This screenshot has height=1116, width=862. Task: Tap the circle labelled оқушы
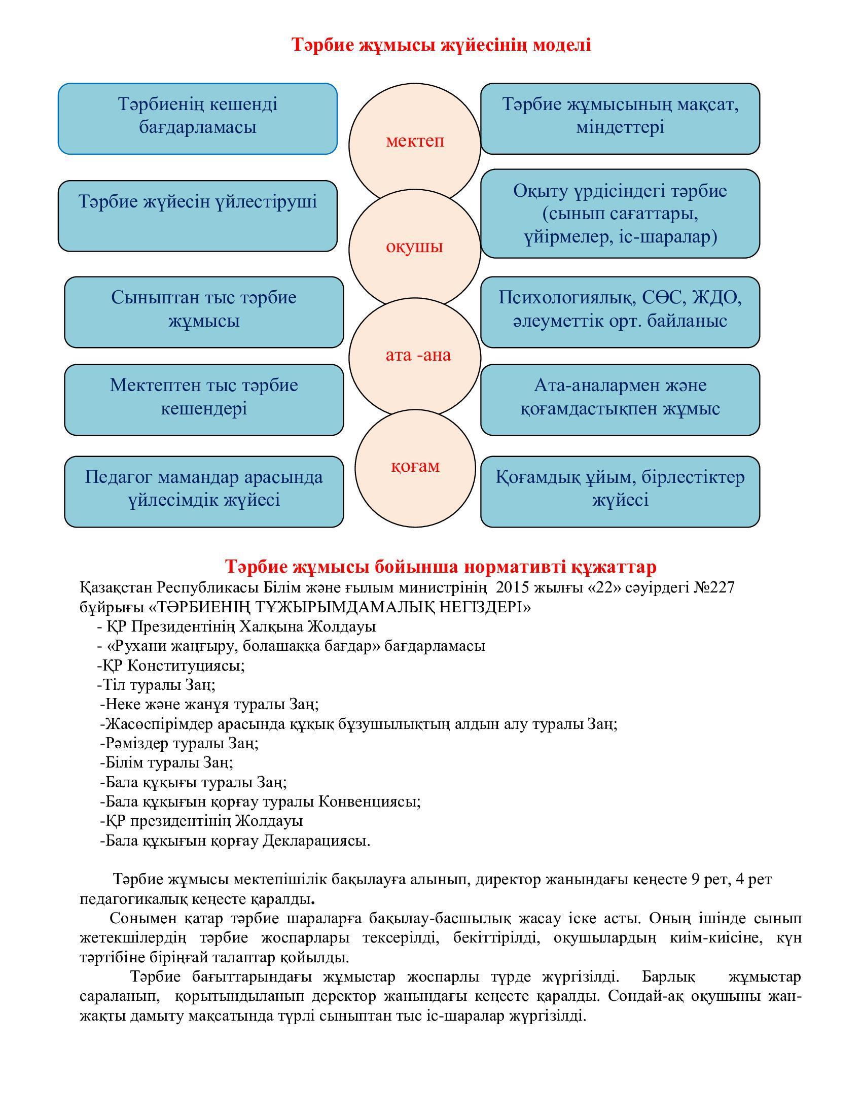[x=415, y=248]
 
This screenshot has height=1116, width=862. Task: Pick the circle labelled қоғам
[x=415, y=467]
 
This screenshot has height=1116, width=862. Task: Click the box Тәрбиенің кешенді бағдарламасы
[x=198, y=119]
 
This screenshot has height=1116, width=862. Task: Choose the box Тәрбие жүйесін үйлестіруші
[x=198, y=216]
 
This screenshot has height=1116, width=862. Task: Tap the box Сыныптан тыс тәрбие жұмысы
[x=204, y=312]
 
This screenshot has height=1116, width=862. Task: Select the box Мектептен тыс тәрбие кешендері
[x=204, y=400]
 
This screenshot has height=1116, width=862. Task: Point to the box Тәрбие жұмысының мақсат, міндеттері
[x=620, y=119]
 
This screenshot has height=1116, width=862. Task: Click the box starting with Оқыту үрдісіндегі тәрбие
[x=620, y=214]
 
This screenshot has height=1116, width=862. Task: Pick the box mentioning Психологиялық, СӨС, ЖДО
[x=620, y=312]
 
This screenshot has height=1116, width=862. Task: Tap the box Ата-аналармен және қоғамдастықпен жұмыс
[x=620, y=400]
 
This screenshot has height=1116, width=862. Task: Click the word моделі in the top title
[x=562, y=46]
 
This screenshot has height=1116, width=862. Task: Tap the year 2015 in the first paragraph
[x=512, y=588]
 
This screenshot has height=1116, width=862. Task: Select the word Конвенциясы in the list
[x=369, y=801]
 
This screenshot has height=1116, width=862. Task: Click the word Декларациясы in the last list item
[x=316, y=841]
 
